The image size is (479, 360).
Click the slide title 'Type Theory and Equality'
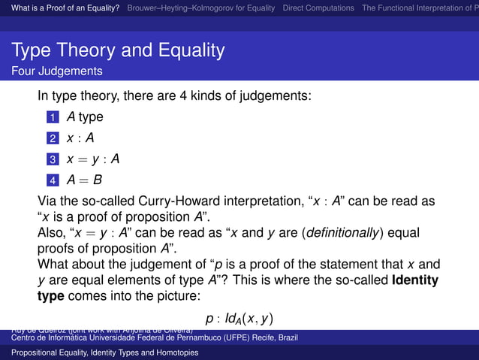click(118, 51)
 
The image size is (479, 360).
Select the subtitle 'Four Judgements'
click(57, 72)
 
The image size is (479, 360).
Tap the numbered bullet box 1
click(52, 118)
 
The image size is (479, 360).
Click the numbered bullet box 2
click(52, 139)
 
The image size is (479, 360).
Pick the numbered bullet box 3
click(52, 160)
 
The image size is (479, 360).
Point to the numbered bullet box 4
click(52, 181)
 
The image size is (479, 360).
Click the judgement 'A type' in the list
click(85, 117)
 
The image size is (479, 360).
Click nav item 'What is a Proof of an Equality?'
click(62, 8)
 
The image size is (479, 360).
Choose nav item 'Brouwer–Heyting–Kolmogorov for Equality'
click(201, 8)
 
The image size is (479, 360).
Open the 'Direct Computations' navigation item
click(318, 8)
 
